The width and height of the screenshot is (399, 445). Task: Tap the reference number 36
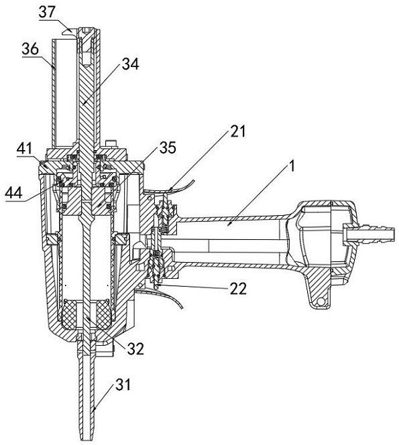30,49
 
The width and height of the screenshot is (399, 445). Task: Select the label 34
131,64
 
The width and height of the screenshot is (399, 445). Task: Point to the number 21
237,131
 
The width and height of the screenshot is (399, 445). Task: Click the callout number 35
168,147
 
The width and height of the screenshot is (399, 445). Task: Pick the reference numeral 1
292,166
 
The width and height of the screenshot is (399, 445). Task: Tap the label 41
24,149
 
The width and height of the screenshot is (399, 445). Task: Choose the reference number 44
13,193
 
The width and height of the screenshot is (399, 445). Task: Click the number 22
238,290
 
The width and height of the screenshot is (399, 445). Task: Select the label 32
135,348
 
